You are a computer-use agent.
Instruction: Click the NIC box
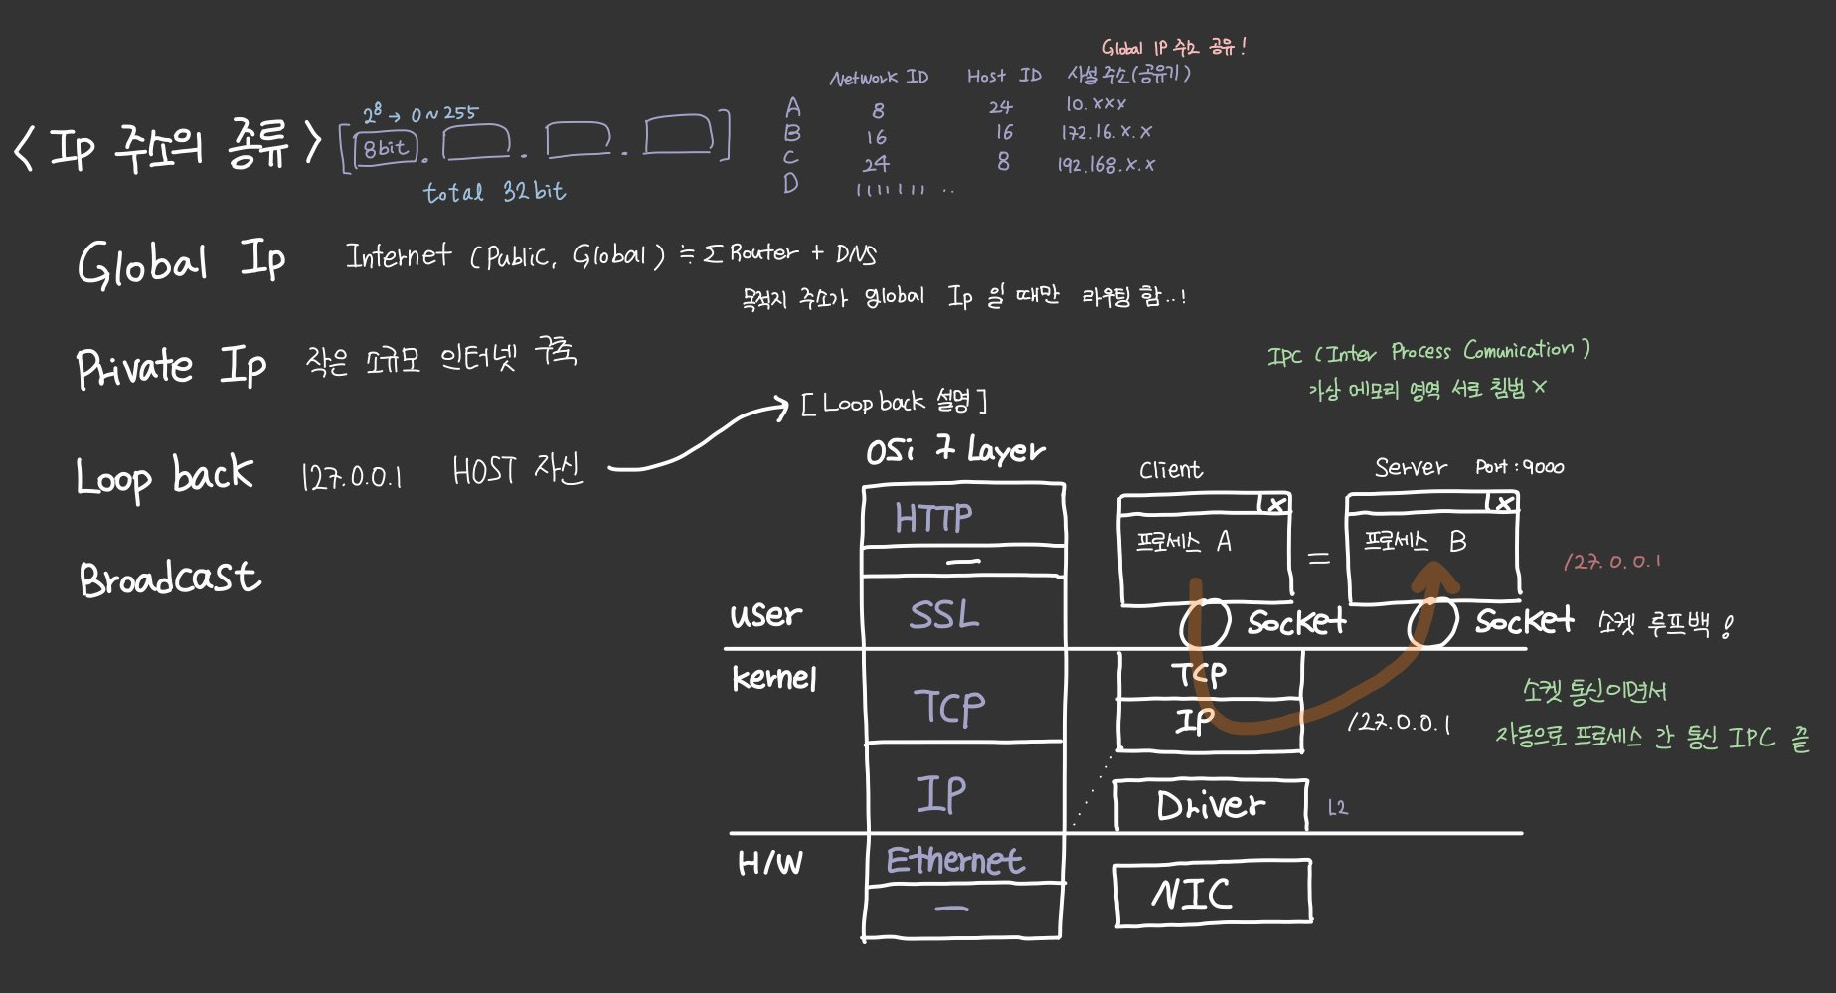[x=1212, y=895]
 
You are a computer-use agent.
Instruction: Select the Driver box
[x=1210, y=806]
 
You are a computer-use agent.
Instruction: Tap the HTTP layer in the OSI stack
[x=933, y=518]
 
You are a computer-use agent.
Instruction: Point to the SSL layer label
[x=943, y=614]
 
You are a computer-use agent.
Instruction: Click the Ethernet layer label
[x=954, y=861]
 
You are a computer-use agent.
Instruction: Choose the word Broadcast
[x=170, y=579]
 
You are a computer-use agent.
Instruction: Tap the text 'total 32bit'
[x=494, y=191]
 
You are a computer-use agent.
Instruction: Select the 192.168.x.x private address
[x=1105, y=165]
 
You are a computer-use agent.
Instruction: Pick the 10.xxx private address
[x=1095, y=104]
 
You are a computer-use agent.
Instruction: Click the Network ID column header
[x=879, y=78]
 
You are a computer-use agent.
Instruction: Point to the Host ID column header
[x=1003, y=76]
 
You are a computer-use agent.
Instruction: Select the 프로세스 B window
[x=1432, y=547]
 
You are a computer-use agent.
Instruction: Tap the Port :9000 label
[x=1519, y=467]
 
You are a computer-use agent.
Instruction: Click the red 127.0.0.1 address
[x=1611, y=562]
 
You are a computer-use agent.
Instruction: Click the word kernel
[x=774, y=679]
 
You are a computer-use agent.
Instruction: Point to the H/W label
[x=769, y=863]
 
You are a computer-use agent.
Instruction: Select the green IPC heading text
[x=1428, y=352]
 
